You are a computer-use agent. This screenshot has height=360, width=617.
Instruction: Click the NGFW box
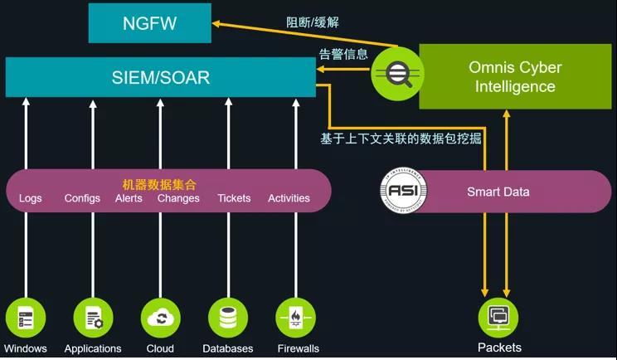click(x=150, y=22)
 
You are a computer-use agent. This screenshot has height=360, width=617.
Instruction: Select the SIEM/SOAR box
click(x=161, y=78)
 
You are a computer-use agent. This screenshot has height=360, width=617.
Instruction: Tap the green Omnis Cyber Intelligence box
click(x=515, y=76)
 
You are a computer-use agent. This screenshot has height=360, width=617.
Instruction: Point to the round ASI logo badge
click(x=404, y=192)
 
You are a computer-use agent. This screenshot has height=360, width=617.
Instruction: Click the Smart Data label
click(x=498, y=192)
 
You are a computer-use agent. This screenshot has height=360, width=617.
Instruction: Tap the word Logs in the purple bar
click(x=31, y=198)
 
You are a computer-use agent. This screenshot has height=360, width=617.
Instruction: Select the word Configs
click(x=82, y=198)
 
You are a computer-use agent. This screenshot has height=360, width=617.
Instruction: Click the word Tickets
click(x=234, y=198)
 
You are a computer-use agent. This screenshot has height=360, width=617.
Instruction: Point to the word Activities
click(x=289, y=198)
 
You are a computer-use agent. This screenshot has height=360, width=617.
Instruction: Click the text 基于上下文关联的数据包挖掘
click(x=401, y=139)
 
